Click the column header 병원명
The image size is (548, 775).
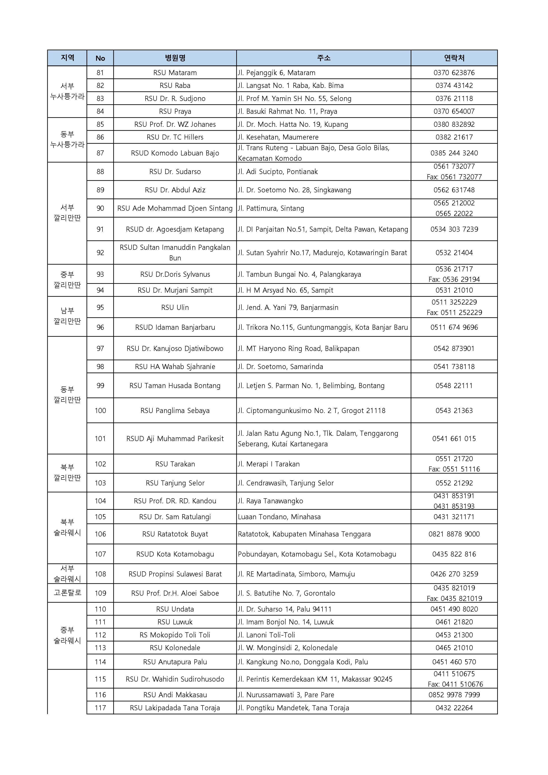pyautogui.click(x=175, y=58)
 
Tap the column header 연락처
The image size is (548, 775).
pyautogui.click(x=454, y=58)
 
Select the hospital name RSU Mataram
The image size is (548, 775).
pyautogui.click(x=175, y=73)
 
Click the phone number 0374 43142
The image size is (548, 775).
pyautogui.click(x=454, y=85)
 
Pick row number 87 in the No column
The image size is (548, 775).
pyautogui.click(x=100, y=153)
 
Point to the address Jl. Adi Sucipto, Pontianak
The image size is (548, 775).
pyautogui.click(x=278, y=171)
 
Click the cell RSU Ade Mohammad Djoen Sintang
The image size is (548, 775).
pyautogui.click(x=175, y=208)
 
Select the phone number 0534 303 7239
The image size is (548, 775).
pyautogui.click(x=454, y=229)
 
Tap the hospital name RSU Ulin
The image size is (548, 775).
pyautogui.click(x=175, y=307)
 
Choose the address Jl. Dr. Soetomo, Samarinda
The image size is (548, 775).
pyautogui.click(x=280, y=367)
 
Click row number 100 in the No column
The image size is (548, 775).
pyautogui.click(x=100, y=410)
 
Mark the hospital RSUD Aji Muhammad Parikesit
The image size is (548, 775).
pyautogui.click(x=175, y=438)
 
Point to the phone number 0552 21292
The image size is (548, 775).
pyautogui.click(x=454, y=483)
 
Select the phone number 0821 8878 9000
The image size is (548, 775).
pyautogui.click(x=454, y=534)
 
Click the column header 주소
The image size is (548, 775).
pyautogui.click(x=323, y=58)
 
